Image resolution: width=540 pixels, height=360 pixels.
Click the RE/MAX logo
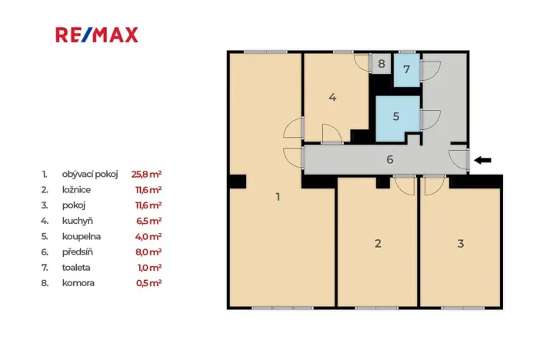pos(97,35)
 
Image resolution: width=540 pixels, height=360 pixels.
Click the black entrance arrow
pos(482,160)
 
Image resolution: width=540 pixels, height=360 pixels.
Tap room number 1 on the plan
pos(278,197)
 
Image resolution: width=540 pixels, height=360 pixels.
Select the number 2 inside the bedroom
pos(378,243)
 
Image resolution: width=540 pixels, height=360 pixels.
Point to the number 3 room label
pos(460,243)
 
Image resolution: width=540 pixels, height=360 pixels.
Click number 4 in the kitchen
pos(332,97)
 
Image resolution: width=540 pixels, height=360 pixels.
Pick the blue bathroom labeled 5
pos(396,117)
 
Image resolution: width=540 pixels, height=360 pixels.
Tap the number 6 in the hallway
pos(390,159)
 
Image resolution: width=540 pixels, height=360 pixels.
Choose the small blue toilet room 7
pos(407,69)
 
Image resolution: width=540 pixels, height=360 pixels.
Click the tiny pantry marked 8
pos(382,63)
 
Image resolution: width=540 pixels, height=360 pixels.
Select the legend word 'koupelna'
pos(82,236)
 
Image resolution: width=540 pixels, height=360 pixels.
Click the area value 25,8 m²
pos(146,174)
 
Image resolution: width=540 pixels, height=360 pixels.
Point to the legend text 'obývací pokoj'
pos(91,174)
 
